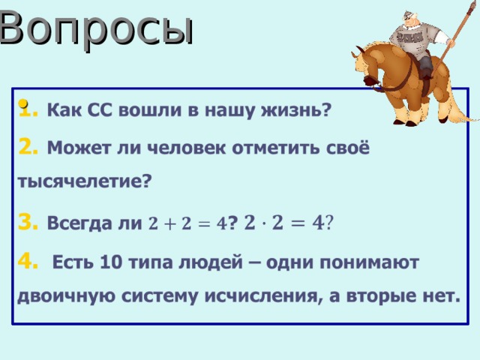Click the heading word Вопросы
tap(96, 28)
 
